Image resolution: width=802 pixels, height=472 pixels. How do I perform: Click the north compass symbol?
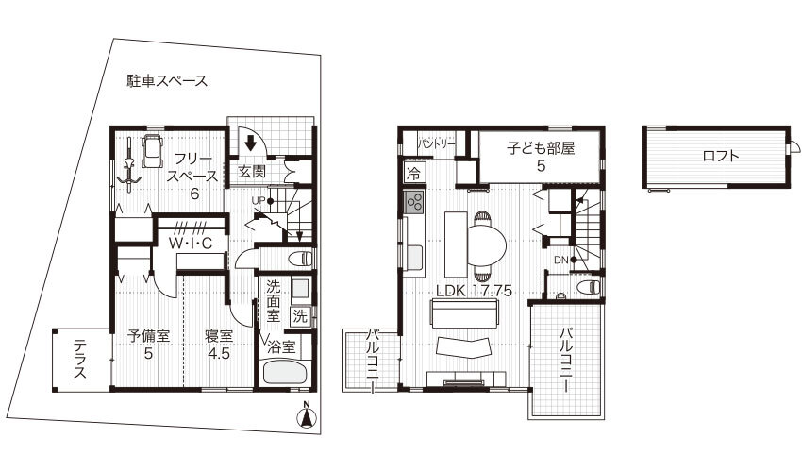307,415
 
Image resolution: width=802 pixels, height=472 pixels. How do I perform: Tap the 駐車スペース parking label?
167,81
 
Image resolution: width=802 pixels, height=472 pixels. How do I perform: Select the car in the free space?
151,150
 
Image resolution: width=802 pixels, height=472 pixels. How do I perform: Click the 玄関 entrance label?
252,172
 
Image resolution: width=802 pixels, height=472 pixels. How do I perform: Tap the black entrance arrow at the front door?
250,143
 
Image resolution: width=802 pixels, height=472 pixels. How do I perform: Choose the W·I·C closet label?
191,244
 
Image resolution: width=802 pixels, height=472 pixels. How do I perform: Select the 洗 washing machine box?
300,316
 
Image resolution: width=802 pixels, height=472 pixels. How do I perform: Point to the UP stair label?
259,200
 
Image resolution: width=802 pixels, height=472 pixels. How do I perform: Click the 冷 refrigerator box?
413,173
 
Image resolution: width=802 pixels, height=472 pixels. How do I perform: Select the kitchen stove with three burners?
414,202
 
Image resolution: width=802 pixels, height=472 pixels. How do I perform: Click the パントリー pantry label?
436,144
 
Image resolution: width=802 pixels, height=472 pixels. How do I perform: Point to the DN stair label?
561,260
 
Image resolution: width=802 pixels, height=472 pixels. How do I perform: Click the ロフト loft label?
721,156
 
